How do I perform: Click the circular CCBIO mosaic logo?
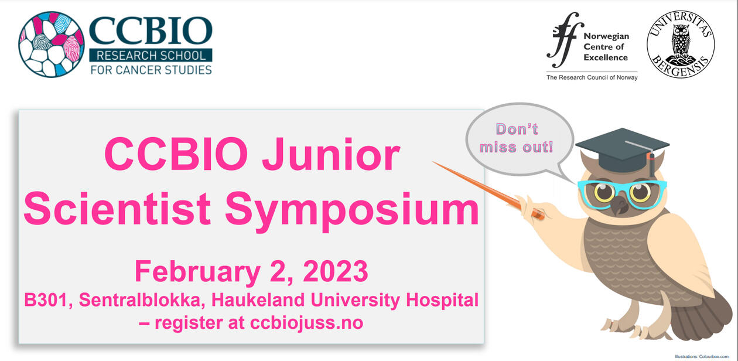52,44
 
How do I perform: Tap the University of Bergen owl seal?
681,44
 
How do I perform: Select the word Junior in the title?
331,154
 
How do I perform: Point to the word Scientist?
117,209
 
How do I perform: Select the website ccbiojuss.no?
306,323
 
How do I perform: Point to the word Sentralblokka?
142,300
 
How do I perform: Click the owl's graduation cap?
623,150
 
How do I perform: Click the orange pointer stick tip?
433,162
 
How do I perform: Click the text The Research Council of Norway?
592,77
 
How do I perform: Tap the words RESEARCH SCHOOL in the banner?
151,56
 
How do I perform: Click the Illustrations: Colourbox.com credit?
702,356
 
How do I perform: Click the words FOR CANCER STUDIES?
151,70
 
